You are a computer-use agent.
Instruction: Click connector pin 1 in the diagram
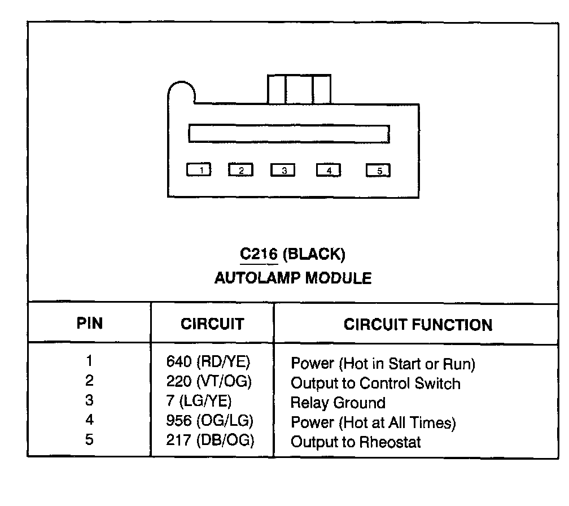click(199, 169)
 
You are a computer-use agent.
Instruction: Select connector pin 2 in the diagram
click(240, 169)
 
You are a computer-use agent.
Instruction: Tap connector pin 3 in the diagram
click(283, 170)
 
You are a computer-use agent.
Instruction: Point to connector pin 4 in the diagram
click(329, 169)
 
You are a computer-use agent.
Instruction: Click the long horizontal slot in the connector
click(288, 133)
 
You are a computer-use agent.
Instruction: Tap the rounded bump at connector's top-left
click(181, 91)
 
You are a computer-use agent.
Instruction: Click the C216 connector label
click(259, 254)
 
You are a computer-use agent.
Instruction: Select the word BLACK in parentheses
click(313, 254)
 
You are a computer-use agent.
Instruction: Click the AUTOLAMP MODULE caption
click(293, 278)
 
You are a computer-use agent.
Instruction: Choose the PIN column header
click(90, 324)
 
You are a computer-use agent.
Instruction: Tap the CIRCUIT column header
click(212, 324)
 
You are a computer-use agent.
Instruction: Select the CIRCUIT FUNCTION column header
click(418, 325)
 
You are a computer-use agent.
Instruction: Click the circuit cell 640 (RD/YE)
click(208, 361)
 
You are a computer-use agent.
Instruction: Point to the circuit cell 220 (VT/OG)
click(209, 381)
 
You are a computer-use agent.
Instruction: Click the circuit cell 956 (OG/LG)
click(209, 421)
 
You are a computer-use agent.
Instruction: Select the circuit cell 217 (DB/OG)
click(210, 440)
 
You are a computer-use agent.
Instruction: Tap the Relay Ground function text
click(338, 403)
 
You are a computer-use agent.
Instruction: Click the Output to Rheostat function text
click(356, 442)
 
